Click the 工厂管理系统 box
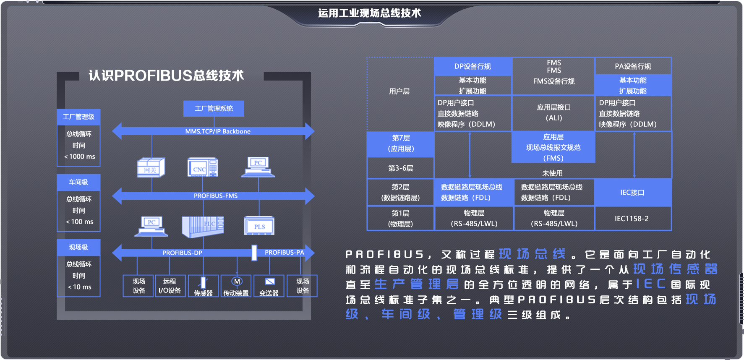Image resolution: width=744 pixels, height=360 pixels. [214, 109]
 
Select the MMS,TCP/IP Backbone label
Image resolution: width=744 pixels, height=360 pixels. [218, 131]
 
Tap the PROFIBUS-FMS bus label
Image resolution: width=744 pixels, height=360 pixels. [216, 196]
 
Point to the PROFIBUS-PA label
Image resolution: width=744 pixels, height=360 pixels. [284, 253]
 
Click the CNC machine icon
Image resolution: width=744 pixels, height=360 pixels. [202, 167]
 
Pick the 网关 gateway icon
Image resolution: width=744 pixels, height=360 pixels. [151, 168]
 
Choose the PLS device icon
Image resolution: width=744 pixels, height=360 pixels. [259, 226]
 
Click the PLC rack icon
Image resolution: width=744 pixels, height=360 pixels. [203, 227]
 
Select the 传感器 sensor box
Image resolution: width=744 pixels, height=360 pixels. [203, 286]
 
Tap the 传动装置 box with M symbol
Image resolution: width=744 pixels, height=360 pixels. [236, 286]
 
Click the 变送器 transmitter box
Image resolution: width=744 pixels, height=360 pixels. [269, 286]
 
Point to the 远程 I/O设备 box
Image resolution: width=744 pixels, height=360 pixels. [170, 286]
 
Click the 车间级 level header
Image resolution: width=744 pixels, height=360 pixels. [78, 182]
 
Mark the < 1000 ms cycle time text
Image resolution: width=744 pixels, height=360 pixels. [80, 157]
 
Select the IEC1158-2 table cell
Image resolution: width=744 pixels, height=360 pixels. [632, 219]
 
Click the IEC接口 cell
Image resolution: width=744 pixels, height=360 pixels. [632, 193]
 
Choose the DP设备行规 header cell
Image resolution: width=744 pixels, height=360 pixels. [473, 66]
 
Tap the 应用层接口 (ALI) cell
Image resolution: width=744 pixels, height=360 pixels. [553, 112]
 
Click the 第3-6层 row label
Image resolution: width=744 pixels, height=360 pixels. [400, 168]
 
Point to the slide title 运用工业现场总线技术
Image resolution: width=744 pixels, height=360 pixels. [369, 13]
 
